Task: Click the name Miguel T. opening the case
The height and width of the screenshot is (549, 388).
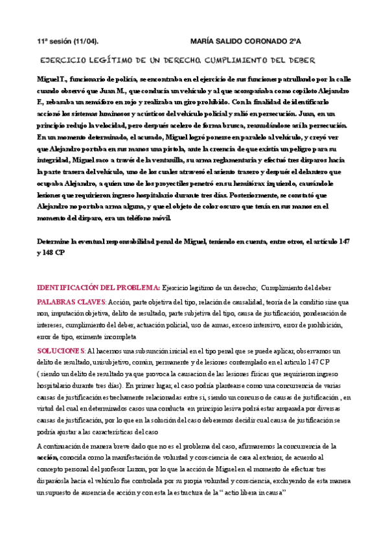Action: tap(54, 79)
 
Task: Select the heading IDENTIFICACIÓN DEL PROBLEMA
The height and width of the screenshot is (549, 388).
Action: tap(98, 286)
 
